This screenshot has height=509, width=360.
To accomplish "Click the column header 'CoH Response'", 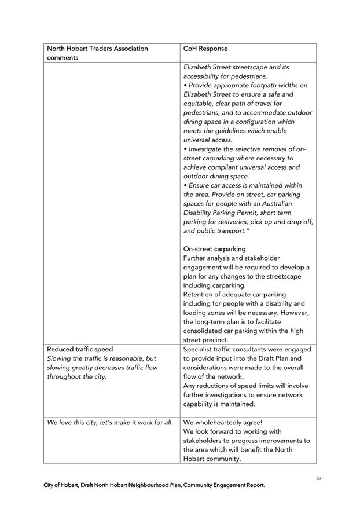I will pos(205,49).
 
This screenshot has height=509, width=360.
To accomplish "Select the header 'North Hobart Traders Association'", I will pos(97,49).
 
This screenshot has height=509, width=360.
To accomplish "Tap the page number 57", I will pos(319,478).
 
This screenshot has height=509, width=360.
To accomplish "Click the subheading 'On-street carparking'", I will pos(214,249).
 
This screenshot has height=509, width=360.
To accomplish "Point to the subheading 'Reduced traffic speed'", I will pos(80,349).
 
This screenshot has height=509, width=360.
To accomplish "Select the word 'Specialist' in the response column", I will pos(200,349).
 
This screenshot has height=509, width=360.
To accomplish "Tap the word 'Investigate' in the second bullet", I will pos(210,149).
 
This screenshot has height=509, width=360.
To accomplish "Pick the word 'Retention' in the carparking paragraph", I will pos(200,294).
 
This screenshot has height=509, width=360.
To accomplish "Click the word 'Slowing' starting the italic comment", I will pos(62,358).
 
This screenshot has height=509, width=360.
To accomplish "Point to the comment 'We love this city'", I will pos(77,422).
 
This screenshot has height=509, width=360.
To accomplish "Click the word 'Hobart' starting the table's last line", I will pos(196,459).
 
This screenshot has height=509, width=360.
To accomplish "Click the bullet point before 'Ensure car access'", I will pos(185,185).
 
